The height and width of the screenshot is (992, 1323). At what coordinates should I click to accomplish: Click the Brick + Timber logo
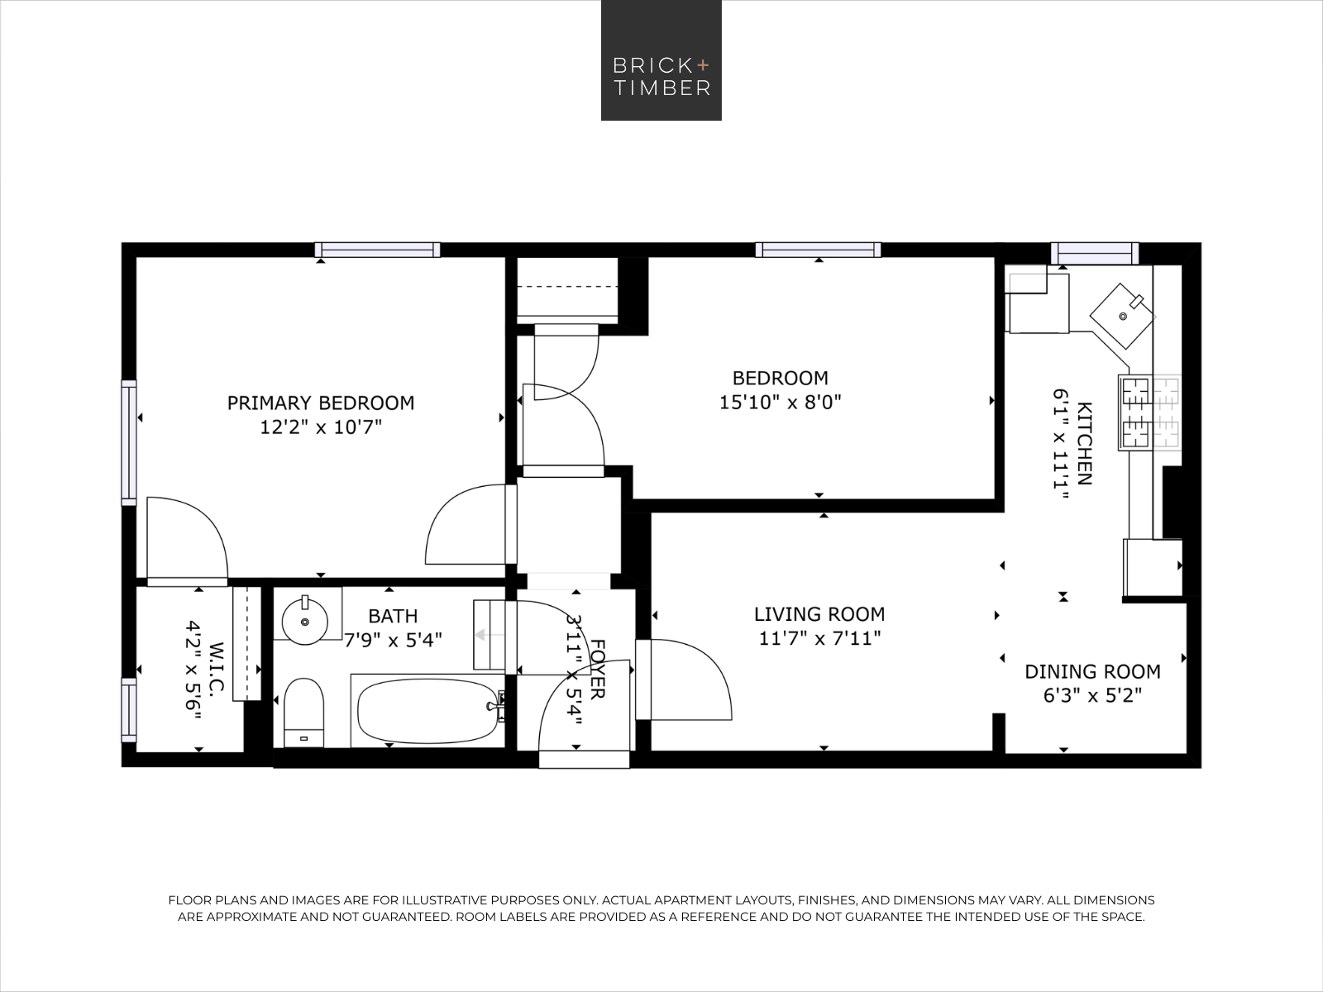coord(661,60)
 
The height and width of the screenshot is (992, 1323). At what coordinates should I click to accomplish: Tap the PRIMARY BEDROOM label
coord(321,403)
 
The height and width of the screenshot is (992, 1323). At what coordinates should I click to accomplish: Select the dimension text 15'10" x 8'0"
coord(781,402)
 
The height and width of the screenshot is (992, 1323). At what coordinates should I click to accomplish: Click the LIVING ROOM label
coord(819,614)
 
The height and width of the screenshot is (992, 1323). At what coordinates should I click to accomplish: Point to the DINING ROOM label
coord(1093,671)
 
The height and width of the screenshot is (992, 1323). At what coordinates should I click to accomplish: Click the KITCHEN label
coord(1084,443)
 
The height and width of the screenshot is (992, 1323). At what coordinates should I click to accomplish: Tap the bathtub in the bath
coord(428,711)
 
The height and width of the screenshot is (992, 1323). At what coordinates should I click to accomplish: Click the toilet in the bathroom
coord(303,713)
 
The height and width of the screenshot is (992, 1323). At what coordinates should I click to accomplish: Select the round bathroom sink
coord(305,620)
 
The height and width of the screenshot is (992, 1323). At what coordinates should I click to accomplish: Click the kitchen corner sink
coord(1122,317)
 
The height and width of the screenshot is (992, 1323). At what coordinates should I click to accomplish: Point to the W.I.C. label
coord(217,669)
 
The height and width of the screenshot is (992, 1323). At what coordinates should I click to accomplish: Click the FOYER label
coord(597,669)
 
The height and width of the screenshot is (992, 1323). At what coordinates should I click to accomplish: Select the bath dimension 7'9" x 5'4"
coord(393,640)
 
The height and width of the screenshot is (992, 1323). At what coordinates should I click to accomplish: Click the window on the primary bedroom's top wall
coord(377,250)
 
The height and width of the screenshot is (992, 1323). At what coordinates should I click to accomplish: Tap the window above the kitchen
coord(1095,253)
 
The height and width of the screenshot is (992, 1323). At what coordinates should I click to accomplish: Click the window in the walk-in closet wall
coord(129,710)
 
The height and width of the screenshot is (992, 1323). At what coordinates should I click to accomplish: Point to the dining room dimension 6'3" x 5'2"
coord(1093,696)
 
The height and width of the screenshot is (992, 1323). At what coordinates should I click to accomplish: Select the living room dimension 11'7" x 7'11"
coord(819,638)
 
